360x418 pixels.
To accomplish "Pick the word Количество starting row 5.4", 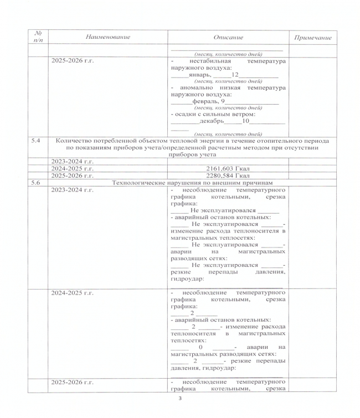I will (77, 141).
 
